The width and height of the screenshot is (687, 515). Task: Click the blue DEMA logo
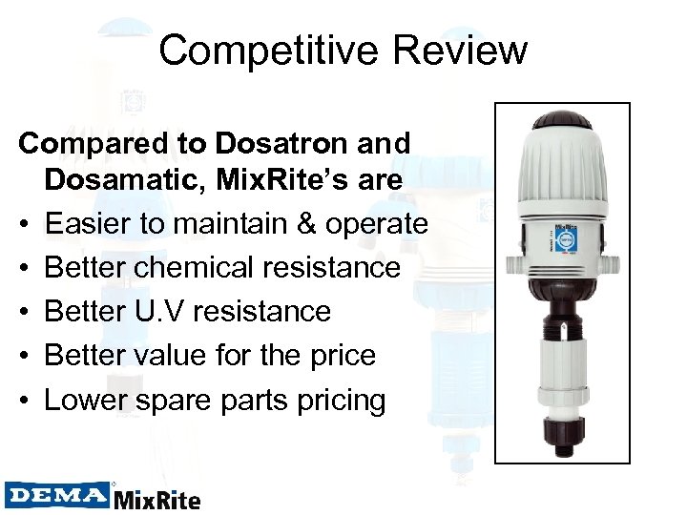[x=58, y=494]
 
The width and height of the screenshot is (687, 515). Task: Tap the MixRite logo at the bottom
[x=158, y=498]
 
